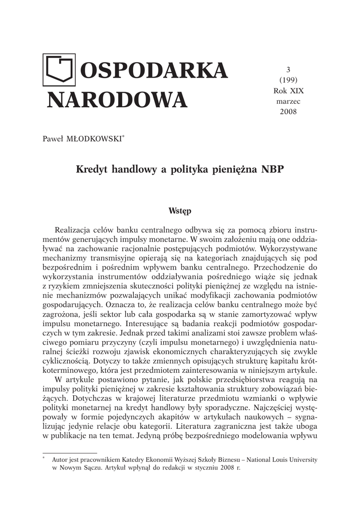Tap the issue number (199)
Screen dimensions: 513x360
pos(288,80)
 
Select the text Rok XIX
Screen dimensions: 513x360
pos(288,91)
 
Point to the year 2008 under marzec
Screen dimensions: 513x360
pos(288,111)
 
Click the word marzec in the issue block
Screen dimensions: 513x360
pos(288,101)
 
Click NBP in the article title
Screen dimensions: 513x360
pos(272,169)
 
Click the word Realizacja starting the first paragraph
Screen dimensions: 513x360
pos(80,229)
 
